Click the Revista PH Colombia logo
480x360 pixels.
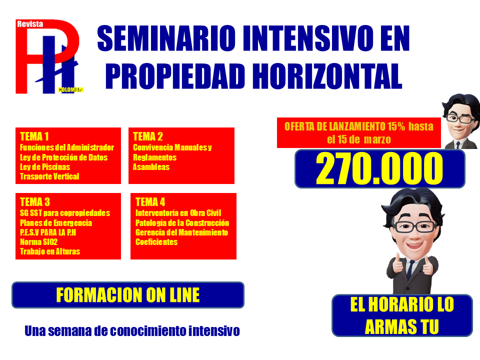[x=49, y=56]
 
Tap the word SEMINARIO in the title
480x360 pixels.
[x=166, y=38]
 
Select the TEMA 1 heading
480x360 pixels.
[x=34, y=136]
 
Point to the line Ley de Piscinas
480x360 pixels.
[x=45, y=167]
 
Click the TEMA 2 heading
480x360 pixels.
[x=148, y=136]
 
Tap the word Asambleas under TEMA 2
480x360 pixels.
[x=151, y=167]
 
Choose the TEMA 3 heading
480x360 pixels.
[x=35, y=202]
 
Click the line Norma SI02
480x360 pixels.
[x=38, y=242]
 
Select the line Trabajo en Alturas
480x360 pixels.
[x=50, y=251]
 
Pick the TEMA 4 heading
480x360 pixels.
[x=150, y=202]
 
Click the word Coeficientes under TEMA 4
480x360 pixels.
[x=156, y=242]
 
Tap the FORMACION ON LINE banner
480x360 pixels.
[x=128, y=295]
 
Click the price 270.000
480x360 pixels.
[x=379, y=168]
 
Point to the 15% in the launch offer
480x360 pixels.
[x=396, y=126]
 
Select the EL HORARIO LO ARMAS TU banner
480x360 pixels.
[x=402, y=315]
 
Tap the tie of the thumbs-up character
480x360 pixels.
[x=410, y=269]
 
